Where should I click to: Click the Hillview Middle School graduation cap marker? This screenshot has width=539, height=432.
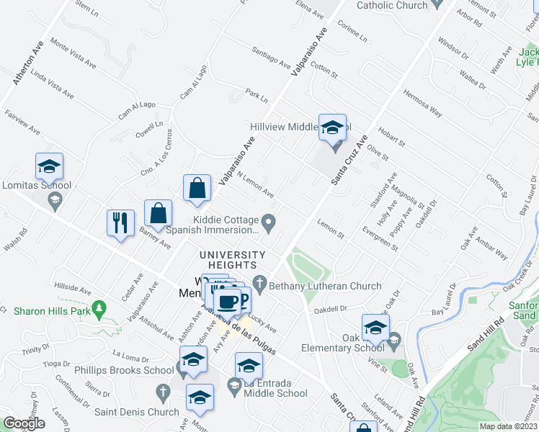point(332,128)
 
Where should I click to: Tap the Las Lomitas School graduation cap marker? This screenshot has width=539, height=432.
point(49,167)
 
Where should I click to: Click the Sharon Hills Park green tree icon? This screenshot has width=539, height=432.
point(100,311)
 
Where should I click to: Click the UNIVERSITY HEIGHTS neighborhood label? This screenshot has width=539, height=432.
point(233,260)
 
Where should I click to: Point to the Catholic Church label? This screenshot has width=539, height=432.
point(393,5)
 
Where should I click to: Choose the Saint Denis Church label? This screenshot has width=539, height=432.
point(137,412)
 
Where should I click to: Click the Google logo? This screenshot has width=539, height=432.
point(24,424)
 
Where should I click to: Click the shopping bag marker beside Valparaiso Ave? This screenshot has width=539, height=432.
point(197,189)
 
